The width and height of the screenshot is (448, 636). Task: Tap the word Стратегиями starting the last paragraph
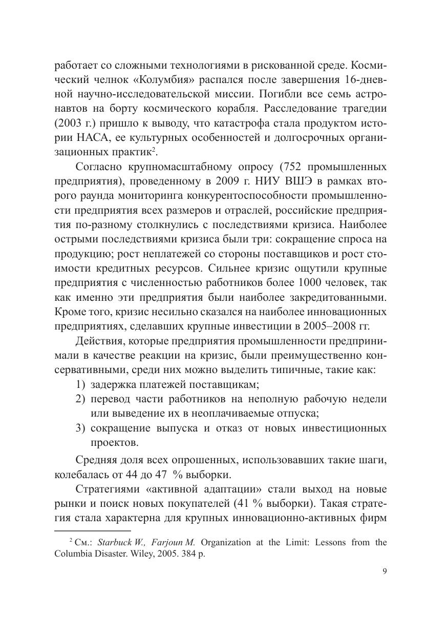(x=106, y=489)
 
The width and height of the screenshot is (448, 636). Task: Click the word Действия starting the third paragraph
(x=97, y=341)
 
